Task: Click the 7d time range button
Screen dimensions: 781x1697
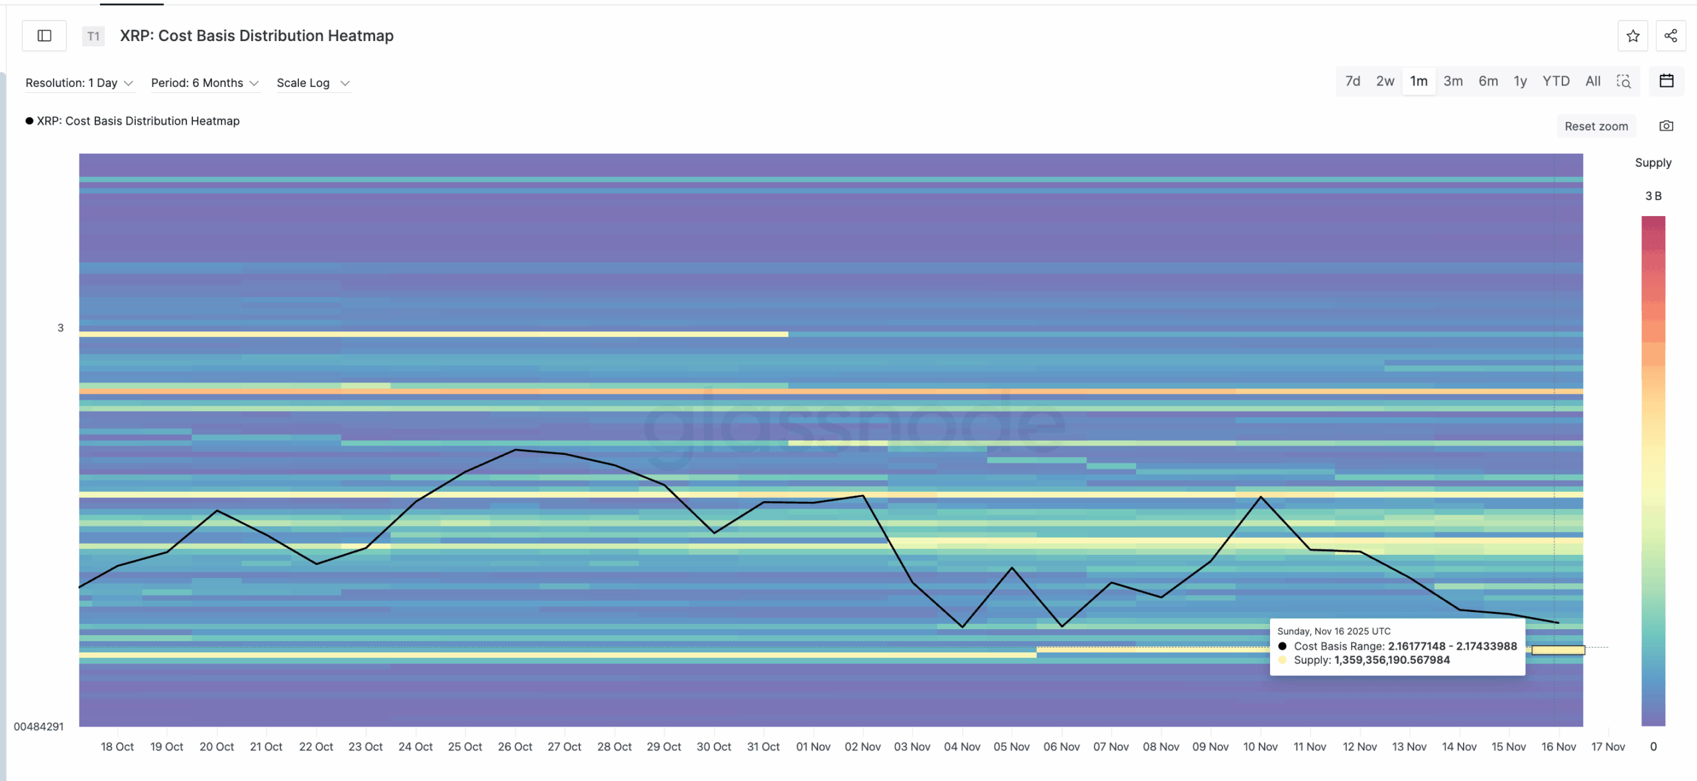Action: (x=1352, y=81)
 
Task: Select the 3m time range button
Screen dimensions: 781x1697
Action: (x=1453, y=81)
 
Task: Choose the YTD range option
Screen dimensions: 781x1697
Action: (x=1556, y=81)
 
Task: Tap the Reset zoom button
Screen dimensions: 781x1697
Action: (x=1596, y=126)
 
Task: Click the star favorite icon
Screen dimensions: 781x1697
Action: (x=1633, y=36)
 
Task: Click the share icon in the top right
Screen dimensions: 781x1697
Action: (x=1670, y=36)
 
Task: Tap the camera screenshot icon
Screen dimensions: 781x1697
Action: (x=1666, y=126)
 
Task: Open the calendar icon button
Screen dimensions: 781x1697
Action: (x=1667, y=81)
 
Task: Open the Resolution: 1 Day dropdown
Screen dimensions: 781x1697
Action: (x=79, y=83)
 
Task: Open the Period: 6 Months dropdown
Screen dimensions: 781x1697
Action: (x=204, y=83)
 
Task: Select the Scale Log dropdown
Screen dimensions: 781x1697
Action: (x=312, y=83)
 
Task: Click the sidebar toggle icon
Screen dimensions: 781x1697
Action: (x=44, y=36)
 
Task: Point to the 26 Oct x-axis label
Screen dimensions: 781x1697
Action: (x=515, y=747)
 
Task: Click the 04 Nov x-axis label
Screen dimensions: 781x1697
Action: (x=962, y=747)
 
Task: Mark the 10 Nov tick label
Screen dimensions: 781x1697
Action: (x=1260, y=747)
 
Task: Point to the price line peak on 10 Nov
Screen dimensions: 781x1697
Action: (x=1260, y=497)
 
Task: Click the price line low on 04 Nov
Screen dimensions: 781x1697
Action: (x=963, y=627)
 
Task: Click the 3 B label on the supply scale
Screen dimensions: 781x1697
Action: (x=1653, y=196)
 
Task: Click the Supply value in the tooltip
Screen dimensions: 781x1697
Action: (x=1391, y=660)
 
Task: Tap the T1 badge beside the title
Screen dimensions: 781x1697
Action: (x=93, y=36)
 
